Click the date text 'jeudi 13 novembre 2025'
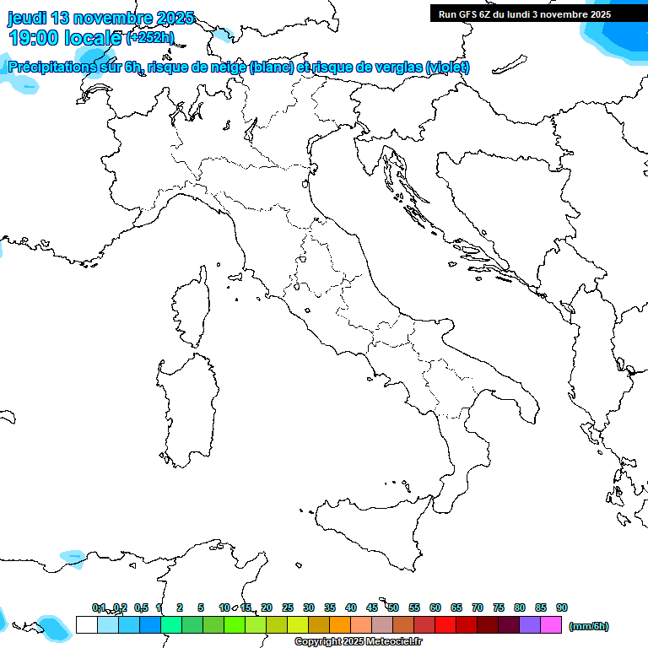click(101, 18)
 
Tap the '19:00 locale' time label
click(64, 37)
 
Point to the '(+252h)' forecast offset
click(150, 37)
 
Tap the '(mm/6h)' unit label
click(589, 626)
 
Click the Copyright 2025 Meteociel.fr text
click(358, 641)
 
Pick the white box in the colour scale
click(86, 624)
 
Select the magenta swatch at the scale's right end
click(551, 624)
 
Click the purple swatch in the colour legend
click(530, 624)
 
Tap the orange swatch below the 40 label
click(340, 624)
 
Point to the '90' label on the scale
click(562, 607)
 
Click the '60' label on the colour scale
click(435, 607)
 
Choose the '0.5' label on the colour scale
click(141, 607)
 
